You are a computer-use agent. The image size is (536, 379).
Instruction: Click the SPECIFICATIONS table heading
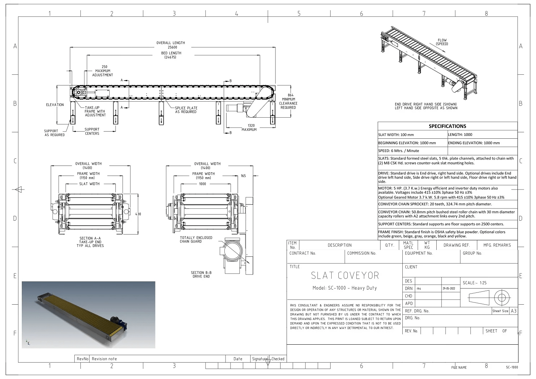pos(447,126)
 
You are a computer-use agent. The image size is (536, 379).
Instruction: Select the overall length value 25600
pos(172,47)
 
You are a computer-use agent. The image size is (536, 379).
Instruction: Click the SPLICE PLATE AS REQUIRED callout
pos(186,110)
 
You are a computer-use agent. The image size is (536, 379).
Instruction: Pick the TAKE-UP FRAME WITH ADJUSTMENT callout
pos(95,111)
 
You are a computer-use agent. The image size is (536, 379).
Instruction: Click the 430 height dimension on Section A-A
pos(138,214)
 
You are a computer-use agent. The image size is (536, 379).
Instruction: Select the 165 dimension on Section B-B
pos(243,176)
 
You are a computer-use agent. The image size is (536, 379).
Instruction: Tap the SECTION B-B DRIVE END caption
pos(201,274)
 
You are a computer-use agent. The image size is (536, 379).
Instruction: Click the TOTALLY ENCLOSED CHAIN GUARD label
pos(196,240)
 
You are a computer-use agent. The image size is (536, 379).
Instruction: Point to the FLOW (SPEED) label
pos(442,42)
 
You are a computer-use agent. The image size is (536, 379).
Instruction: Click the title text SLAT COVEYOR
pos(345,275)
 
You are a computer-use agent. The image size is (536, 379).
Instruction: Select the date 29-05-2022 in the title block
pos(449,289)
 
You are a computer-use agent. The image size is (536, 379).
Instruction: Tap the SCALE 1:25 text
pos(475,283)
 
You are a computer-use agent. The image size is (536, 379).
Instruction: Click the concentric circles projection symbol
pos(502,297)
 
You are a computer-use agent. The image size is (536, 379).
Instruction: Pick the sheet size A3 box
pos(513,311)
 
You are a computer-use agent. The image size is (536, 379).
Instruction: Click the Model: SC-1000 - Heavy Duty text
pos(344,288)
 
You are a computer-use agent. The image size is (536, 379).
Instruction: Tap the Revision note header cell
pos(104,359)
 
